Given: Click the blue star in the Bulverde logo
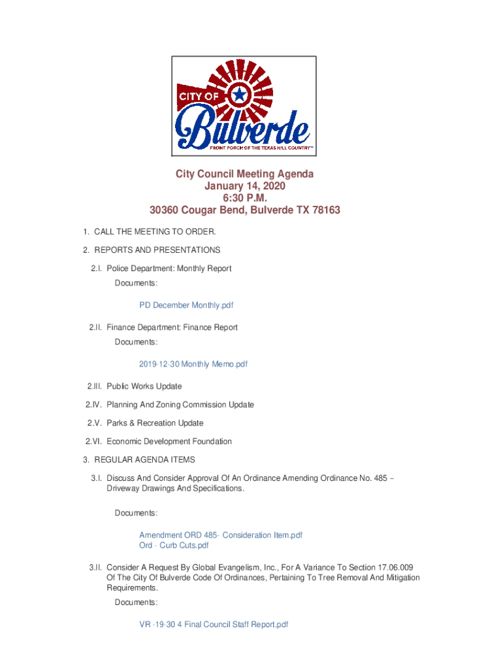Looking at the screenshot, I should coord(240,95).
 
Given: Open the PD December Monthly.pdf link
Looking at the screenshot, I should coord(186,305).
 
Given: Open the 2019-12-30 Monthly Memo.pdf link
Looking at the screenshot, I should coord(193,364).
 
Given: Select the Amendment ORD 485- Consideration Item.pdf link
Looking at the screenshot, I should coord(221,535).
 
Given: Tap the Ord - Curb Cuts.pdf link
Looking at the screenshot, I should coord(174,546).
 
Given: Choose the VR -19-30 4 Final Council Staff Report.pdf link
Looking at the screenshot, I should coord(214,625).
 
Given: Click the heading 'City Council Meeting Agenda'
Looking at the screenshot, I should coord(244,174).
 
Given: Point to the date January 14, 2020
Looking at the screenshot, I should coord(244,186).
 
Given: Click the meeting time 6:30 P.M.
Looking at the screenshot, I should coord(244,198).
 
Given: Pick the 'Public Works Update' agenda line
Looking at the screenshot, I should coord(144,387).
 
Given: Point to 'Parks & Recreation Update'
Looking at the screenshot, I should coord(155,423).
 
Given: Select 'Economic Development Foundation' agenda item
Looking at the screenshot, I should coord(169,442).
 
